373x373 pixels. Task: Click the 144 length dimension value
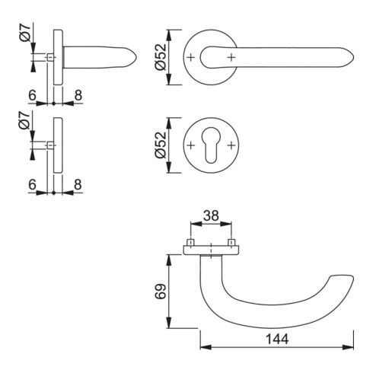(277, 340)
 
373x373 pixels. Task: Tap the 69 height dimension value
(161, 292)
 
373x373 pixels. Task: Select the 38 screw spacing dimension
(211, 215)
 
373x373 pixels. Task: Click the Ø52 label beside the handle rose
(161, 57)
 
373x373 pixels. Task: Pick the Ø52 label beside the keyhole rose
(161, 145)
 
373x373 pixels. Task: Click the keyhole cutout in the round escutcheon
(211, 148)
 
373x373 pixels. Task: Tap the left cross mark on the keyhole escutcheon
(191, 145)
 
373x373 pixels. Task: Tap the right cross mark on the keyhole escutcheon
(231, 145)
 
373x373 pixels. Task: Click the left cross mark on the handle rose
(191, 57)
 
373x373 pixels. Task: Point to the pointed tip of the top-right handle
(354, 57)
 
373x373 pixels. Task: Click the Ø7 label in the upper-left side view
(25, 32)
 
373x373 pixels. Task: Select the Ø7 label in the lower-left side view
(24, 120)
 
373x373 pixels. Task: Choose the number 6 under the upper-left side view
(32, 95)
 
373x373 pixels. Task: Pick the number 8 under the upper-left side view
(78, 95)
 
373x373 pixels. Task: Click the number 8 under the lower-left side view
(78, 184)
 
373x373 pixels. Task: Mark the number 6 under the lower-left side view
(32, 184)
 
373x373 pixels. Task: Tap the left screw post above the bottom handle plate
(190, 242)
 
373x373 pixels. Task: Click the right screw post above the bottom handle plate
(231, 242)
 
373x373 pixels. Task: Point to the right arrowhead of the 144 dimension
(348, 347)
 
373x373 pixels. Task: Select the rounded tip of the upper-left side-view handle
(136, 57)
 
